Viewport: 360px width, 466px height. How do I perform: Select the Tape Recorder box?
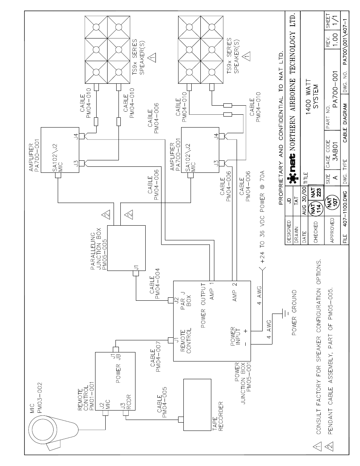point(197,404)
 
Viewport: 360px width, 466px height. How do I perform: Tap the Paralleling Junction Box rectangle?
point(126,248)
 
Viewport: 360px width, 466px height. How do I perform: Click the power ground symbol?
point(284,313)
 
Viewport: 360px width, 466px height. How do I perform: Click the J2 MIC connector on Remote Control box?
point(106,414)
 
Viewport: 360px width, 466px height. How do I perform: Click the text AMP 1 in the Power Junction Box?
point(212,291)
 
